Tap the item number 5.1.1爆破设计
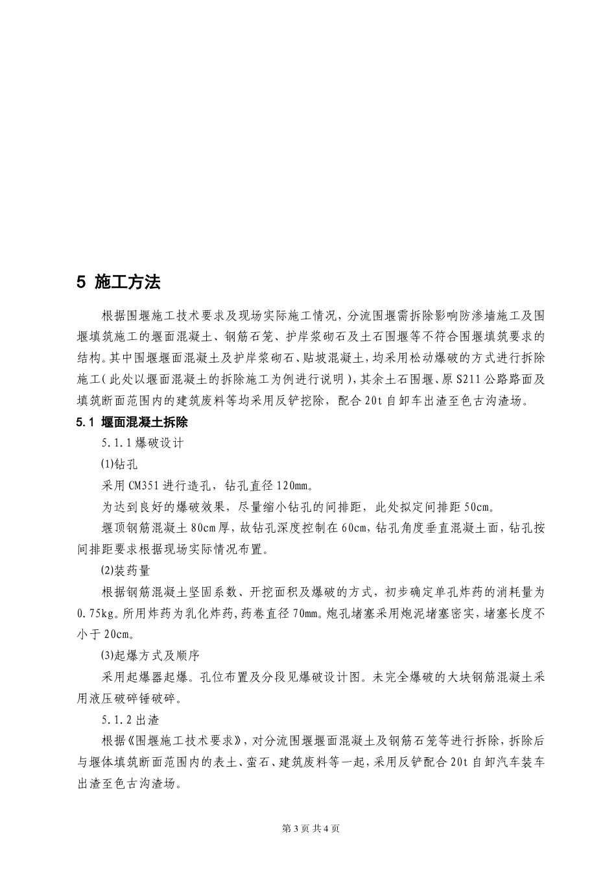(x=143, y=443)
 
